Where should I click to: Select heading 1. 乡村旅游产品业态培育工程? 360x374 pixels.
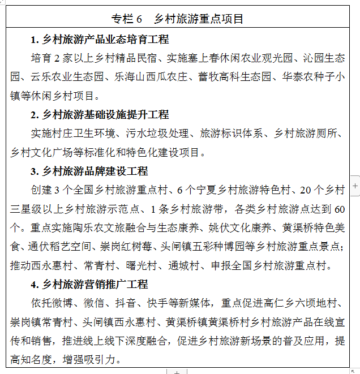pos(100,40)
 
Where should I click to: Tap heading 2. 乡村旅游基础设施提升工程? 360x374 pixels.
pos(100,115)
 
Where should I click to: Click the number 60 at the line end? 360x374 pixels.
pos(340,209)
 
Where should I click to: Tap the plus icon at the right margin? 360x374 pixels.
pos(355,186)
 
